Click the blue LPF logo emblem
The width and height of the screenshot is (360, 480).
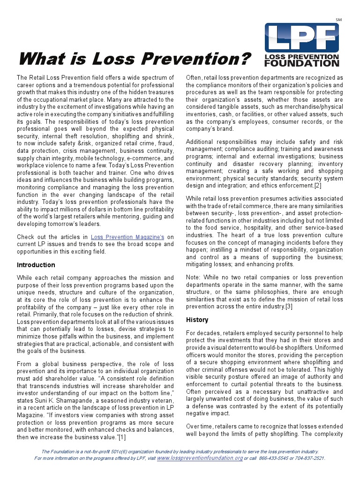tap(302, 37)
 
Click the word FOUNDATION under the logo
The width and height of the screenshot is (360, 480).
tap(302, 63)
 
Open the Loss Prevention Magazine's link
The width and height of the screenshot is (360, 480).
tap(127, 237)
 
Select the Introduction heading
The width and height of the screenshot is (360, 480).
tap(36, 265)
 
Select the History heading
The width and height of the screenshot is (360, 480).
tap(197, 320)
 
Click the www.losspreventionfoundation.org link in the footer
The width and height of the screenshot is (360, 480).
tap(200, 458)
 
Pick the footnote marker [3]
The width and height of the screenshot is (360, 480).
tap(289, 306)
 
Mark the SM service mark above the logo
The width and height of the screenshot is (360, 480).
tap(339, 19)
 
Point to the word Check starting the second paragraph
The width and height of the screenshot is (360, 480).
tap(25, 237)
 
